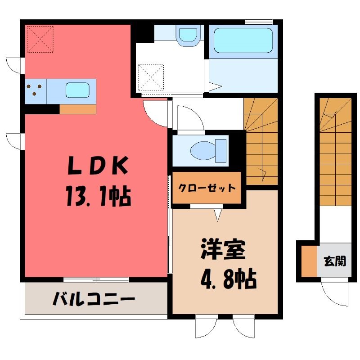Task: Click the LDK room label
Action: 98,165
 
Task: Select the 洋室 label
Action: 223,249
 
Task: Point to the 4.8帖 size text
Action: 229,279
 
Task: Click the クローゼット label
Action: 207,188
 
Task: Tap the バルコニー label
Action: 94,298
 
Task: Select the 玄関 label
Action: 335,261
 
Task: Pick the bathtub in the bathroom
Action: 243,40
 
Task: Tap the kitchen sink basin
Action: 77,90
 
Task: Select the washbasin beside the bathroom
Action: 188,35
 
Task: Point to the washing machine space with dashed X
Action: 151,77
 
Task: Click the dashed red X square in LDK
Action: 40,39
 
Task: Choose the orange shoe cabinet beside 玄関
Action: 309,261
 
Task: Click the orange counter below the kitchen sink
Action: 78,109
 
